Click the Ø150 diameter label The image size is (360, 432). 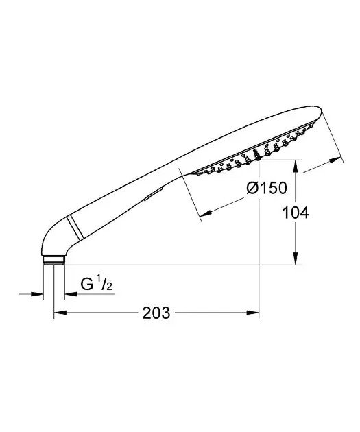coord(267,189)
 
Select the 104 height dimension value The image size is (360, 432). coord(296,213)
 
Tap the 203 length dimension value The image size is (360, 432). coord(156,313)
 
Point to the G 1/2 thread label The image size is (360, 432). coord(97,284)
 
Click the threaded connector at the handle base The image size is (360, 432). coord(53,261)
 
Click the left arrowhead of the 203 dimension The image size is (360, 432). coord(60,313)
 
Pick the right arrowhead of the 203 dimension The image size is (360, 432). coord(252,313)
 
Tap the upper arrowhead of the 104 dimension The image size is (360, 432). coord(296,167)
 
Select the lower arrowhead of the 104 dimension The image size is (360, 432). coord(296,259)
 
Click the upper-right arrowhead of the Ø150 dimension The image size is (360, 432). coord(335,160)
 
